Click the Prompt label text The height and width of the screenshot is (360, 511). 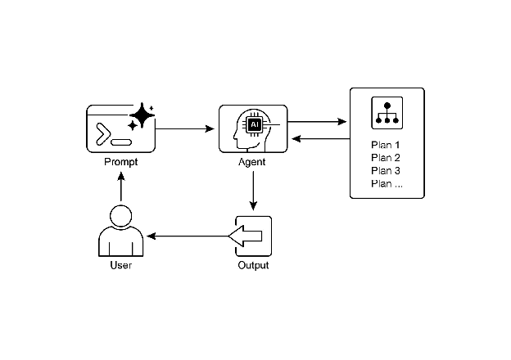pos(121,162)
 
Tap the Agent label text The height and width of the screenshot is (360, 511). pos(252,162)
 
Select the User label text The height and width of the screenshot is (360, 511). pos(120,266)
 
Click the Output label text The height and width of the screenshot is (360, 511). pos(253,266)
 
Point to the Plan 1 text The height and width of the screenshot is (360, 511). pos(386,145)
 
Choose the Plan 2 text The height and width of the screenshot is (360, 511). pos(386,158)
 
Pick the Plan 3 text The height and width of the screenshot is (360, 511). pos(386,170)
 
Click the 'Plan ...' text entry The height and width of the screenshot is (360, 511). pos(387,183)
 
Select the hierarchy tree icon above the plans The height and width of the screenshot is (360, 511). pos(386,113)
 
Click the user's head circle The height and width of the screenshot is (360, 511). pos(120,217)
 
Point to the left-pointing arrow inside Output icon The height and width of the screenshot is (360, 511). pos(246,236)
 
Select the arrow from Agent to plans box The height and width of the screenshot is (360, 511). pos(318,123)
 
